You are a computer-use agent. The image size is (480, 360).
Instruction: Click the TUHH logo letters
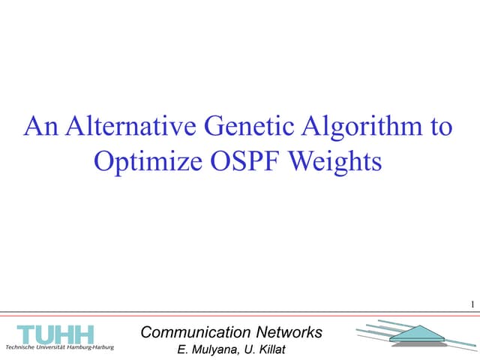pyautogui.click(x=55, y=334)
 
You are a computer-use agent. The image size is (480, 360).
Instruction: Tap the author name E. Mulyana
pyautogui.click(x=200, y=349)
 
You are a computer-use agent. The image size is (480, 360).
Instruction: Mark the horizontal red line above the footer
pyautogui.click(x=240, y=313)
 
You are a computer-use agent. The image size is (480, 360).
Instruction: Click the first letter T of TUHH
pyautogui.click(x=28, y=334)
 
